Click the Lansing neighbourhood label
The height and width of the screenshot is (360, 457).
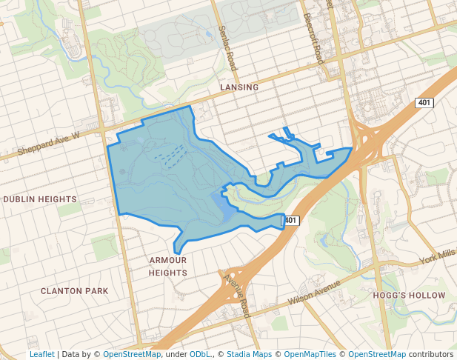pyautogui.click(x=239, y=87)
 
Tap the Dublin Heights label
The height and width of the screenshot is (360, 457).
pyautogui.click(x=40, y=199)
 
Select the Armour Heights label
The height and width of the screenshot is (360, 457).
pyautogui.click(x=168, y=267)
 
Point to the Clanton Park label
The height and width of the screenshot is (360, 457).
pyautogui.click(x=75, y=291)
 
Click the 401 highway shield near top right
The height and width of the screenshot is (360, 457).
pyautogui.click(x=424, y=102)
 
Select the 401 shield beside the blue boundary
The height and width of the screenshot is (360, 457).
pyautogui.click(x=290, y=220)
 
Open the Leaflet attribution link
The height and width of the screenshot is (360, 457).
pyautogui.click(x=41, y=354)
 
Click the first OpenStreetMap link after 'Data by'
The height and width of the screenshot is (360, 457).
pyautogui.click(x=132, y=354)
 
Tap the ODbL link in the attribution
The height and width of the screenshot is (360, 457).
pyautogui.click(x=200, y=354)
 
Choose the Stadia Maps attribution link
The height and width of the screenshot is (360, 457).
pyautogui.click(x=249, y=354)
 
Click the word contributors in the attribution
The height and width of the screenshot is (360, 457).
pyautogui.click(x=430, y=354)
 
